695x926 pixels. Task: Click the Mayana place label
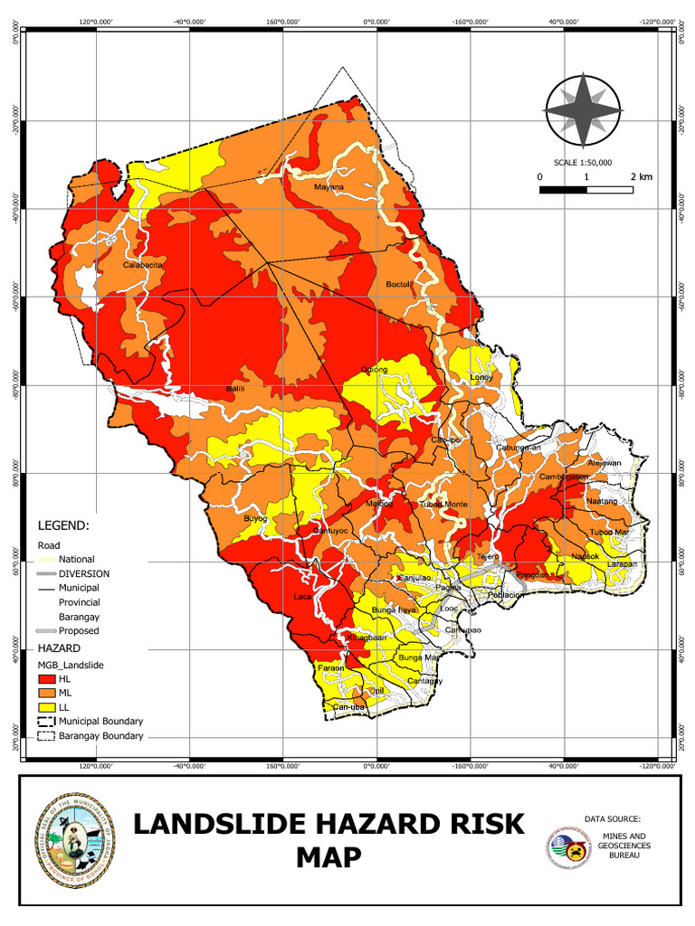[x=328, y=187]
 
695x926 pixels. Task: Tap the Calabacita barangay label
[x=143, y=265]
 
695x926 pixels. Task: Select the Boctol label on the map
[x=398, y=284]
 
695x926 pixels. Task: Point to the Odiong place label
[x=374, y=369]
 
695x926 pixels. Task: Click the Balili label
[x=235, y=388]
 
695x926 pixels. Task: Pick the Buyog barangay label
[x=256, y=518]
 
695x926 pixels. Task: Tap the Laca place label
[x=302, y=597]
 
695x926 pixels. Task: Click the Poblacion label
[x=506, y=595]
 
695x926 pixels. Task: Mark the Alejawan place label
[x=604, y=463]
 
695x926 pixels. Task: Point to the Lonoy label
[x=481, y=377]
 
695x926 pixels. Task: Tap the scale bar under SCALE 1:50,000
[x=586, y=190]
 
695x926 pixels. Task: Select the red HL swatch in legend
[x=46, y=677]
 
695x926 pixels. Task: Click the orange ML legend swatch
[x=46, y=692]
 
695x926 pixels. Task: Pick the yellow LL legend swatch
[x=46, y=706]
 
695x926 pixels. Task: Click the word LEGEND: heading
[x=62, y=524]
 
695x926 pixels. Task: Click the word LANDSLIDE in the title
[x=231, y=824]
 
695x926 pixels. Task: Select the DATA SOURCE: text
[x=612, y=818]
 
